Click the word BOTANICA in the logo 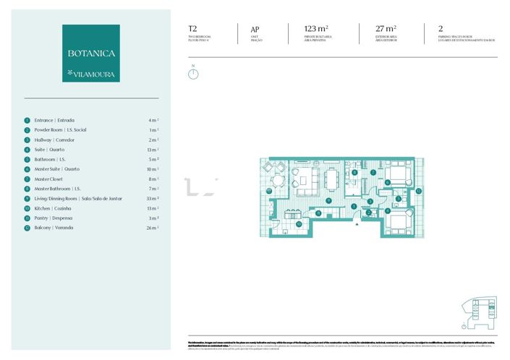pyautogui.click(x=91, y=53)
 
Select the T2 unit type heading pyautogui.click(x=192, y=29)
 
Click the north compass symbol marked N pyautogui.click(x=193, y=73)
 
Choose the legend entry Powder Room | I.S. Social pyautogui.click(x=60, y=130)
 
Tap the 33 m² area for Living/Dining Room pyautogui.click(x=152, y=198)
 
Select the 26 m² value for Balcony pyautogui.click(x=152, y=228)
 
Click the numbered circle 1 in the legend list pyautogui.click(x=27, y=120)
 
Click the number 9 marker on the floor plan pyautogui.click(x=328, y=200)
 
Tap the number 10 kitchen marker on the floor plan pyautogui.click(x=299, y=223)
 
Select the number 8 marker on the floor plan pyautogui.click(x=354, y=173)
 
